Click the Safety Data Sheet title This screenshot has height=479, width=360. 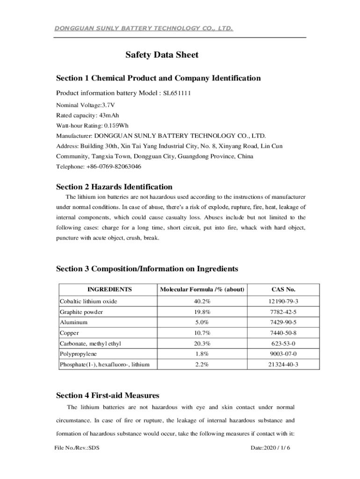pos(162,55)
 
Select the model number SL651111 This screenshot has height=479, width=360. pos(177,93)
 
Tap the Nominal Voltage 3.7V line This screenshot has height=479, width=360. pos(86,105)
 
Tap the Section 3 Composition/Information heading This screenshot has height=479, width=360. pos(147,269)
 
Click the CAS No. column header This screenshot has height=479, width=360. pos(283,290)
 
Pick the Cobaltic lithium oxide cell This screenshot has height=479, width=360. pos(88,301)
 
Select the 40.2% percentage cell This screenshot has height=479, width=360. pos(202,301)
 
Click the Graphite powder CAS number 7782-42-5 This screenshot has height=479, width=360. pos(283,312)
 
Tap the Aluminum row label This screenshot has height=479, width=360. pos(73,322)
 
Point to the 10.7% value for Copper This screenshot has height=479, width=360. pos(202,333)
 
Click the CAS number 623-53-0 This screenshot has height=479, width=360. pos(283,343)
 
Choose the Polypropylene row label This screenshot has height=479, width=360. pos(78,354)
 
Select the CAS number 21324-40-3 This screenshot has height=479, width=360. pos(283,364)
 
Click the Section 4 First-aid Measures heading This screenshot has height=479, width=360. pos(108,396)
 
